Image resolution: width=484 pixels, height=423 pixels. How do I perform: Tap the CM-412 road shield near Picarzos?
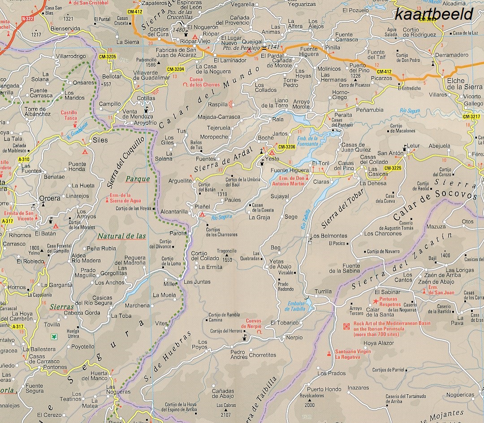[x=384, y=71]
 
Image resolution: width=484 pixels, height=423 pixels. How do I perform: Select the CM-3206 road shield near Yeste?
[x=286, y=147]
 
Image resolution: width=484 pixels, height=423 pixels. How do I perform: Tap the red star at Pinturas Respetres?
[x=376, y=301]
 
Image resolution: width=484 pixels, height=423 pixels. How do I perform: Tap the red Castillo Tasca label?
[x=69, y=116]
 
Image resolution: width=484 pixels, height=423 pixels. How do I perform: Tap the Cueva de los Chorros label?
[x=205, y=82]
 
